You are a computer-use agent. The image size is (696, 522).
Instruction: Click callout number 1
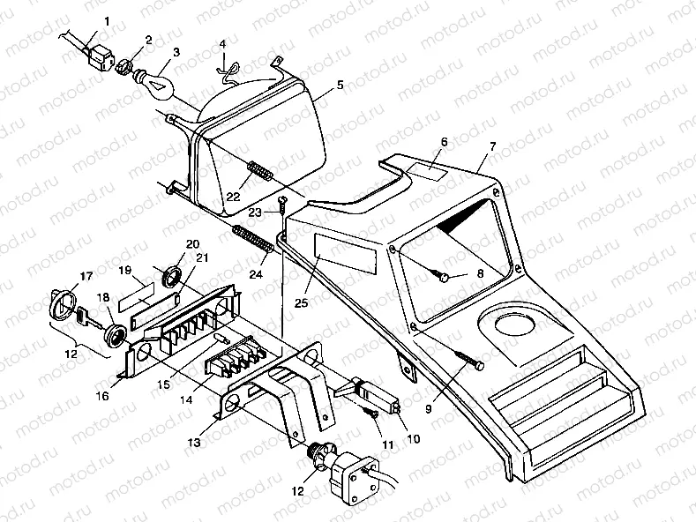tap(108, 20)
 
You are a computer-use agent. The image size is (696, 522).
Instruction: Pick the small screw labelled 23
tap(281, 205)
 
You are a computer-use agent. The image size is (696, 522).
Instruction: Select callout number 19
tap(125, 270)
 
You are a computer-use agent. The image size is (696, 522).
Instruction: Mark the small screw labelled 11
tap(375, 411)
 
